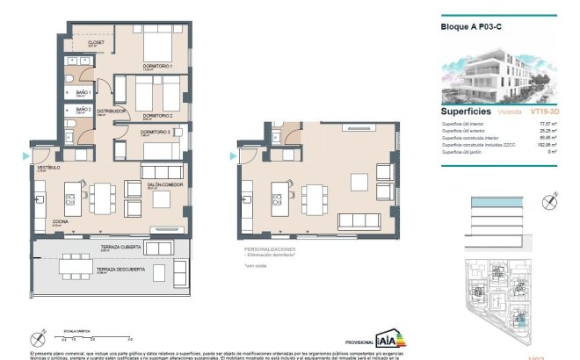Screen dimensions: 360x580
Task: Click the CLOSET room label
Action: (97, 42)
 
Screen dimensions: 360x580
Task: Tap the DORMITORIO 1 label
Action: (158, 66)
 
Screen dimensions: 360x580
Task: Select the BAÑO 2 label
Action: (83, 110)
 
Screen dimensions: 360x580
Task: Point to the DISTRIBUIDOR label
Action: (112, 112)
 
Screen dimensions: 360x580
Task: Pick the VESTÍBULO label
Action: (47, 166)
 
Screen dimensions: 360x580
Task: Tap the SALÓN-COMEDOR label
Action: (163, 185)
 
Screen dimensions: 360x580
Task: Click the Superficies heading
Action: (466, 112)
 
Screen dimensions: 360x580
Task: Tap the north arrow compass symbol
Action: (38, 336)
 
